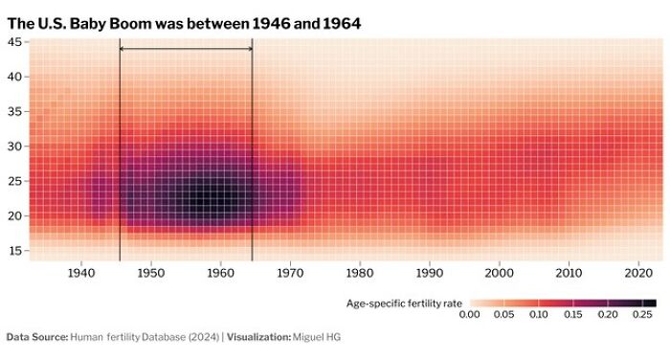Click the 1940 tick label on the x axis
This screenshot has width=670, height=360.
click(x=81, y=272)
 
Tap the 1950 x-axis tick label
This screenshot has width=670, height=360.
click(x=151, y=272)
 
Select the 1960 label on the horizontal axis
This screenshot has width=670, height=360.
click(x=220, y=272)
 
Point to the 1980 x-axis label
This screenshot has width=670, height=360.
click(x=360, y=272)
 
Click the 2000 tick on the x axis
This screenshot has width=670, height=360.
click(x=499, y=272)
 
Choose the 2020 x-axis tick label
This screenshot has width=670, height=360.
click(x=638, y=272)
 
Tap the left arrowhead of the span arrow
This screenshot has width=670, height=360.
click(x=123, y=48)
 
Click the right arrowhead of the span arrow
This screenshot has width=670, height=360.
click(x=249, y=48)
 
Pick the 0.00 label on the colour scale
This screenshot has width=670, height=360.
click(x=470, y=314)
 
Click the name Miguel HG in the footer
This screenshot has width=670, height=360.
click(x=318, y=337)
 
